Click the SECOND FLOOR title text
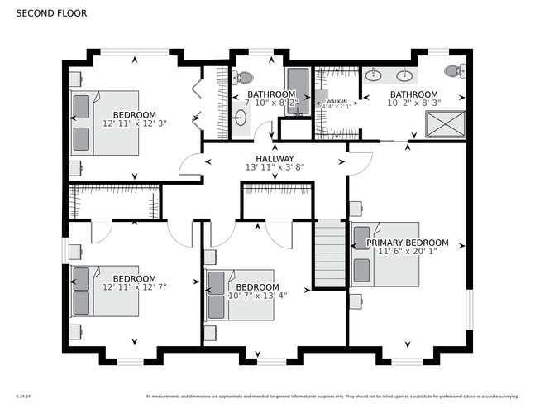pyautogui.click(x=50, y=13)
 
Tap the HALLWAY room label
pyautogui.click(x=275, y=158)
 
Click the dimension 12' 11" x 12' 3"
pyautogui.click(x=135, y=123)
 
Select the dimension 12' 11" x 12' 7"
pyautogui.click(x=135, y=286)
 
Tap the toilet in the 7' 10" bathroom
pyautogui.click(x=244, y=78)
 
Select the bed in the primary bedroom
pyautogui.click(x=376, y=255)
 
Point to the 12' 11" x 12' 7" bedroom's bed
pyautogui.click(x=96, y=291)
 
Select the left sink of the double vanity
pyautogui.click(x=373, y=75)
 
